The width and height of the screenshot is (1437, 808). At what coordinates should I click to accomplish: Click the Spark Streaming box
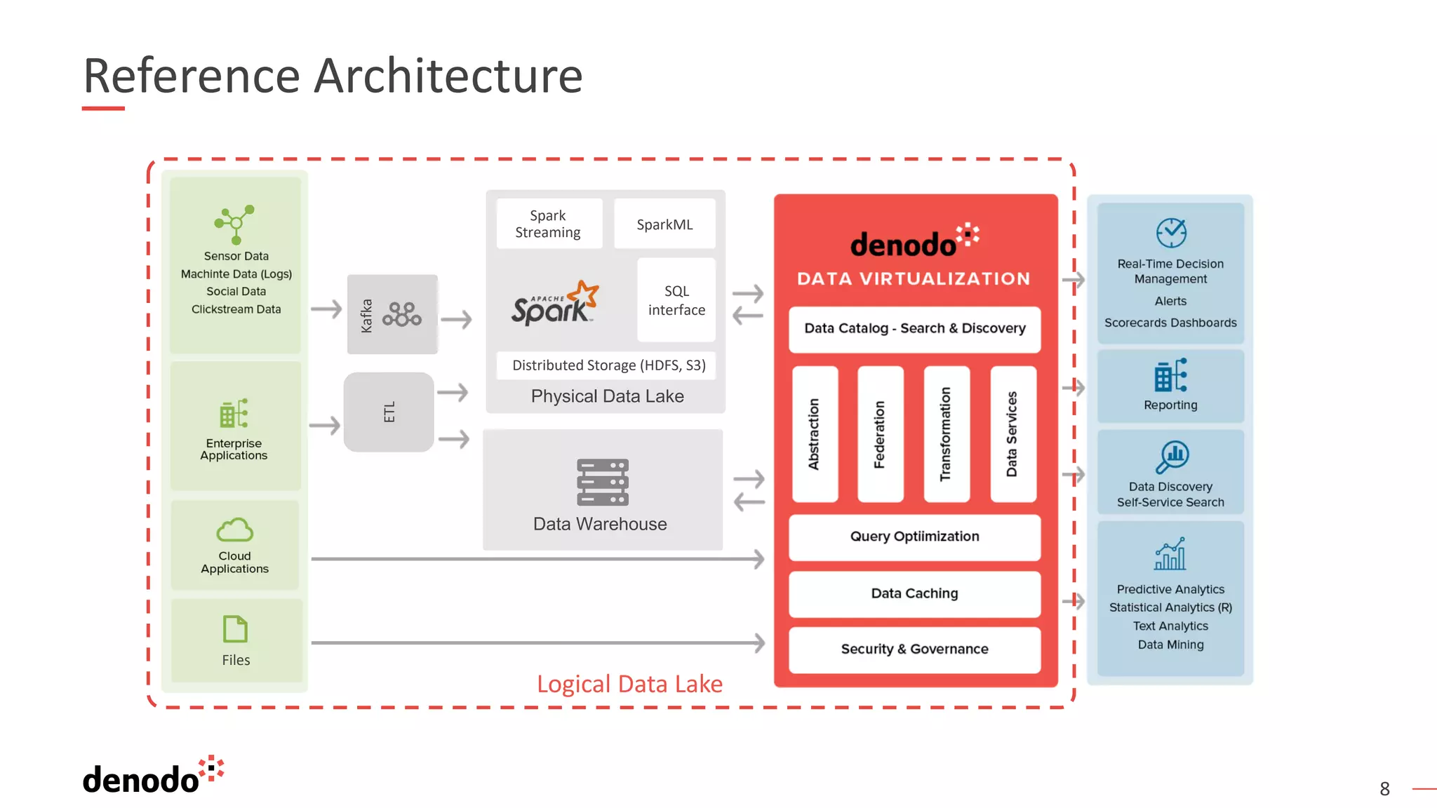click(548, 224)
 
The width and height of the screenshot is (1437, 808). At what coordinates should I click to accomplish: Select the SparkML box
click(664, 224)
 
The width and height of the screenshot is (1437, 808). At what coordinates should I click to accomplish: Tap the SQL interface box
click(676, 300)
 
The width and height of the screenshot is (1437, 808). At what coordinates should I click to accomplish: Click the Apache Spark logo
click(554, 304)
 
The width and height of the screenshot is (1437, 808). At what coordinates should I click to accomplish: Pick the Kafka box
click(392, 314)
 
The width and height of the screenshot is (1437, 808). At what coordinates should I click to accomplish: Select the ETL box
click(389, 412)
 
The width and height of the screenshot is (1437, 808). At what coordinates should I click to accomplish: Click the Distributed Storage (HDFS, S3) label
click(608, 365)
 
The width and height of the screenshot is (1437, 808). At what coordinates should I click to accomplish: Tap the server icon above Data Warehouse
click(602, 483)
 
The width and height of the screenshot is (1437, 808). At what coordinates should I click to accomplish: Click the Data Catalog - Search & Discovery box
click(914, 328)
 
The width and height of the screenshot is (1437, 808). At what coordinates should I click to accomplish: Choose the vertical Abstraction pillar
click(814, 434)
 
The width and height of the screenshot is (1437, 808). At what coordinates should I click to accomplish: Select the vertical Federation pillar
click(879, 434)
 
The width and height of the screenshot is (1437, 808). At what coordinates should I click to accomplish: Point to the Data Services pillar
click(1012, 434)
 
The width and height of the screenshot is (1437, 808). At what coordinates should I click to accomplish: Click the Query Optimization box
click(914, 537)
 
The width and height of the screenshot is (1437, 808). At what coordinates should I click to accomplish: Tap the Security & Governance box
click(914, 649)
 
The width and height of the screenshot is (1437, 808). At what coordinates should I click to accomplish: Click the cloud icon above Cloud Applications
click(234, 530)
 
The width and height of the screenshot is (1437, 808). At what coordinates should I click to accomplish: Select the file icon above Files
click(235, 629)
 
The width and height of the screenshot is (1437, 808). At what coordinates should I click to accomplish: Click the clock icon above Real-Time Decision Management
click(1170, 233)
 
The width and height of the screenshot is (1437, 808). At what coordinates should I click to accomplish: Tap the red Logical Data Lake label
click(629, 684)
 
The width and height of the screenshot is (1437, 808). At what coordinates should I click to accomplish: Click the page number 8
click(1384, 789)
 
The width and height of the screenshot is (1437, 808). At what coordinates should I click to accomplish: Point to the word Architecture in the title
click(448, 76)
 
